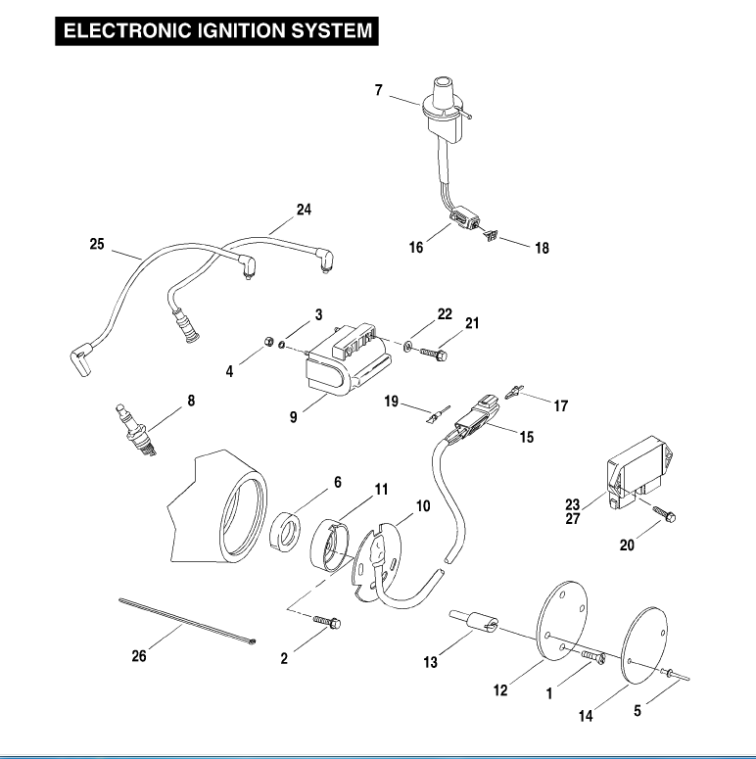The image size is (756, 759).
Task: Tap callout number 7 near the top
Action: point(378,91)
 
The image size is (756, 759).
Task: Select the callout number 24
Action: point(303,209)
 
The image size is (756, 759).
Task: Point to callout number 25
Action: point(96,245)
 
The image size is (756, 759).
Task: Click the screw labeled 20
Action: point(661,512)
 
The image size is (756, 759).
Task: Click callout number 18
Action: point(542,249)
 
